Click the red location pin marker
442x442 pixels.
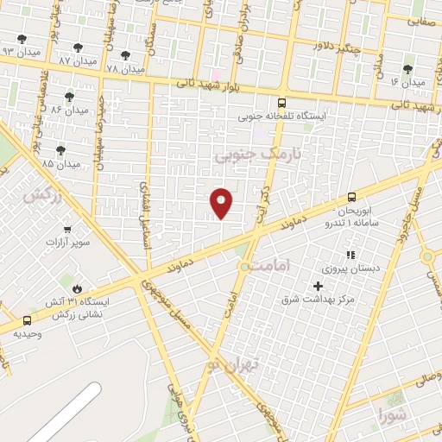coord(222,202)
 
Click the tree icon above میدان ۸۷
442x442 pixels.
coord(78,48)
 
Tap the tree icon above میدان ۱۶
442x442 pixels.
coord(407,69)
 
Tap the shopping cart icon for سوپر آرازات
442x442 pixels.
coord(67,229)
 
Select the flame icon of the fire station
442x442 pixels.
coord(77,288)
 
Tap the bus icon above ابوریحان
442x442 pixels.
coord(350,197)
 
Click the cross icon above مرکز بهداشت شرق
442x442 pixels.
coord(318,286)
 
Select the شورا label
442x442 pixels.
coord(390,417)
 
